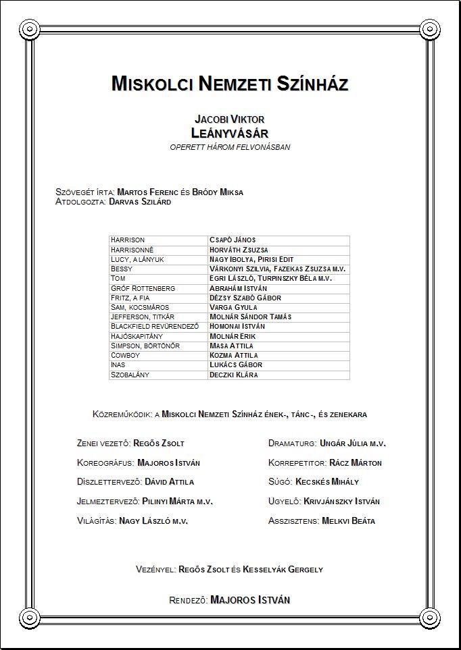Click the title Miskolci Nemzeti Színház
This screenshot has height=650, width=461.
(230, 84)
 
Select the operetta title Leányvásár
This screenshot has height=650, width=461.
(230, 132)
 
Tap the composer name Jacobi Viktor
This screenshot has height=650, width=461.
(230, 119)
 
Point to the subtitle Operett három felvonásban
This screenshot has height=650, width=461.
(230, 147)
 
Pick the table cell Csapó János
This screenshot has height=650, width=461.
(233, 240)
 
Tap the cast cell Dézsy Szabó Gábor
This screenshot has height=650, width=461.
(245, 298)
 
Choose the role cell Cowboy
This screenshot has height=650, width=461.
(126, 355)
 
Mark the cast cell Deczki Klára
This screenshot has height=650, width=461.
(234, 375)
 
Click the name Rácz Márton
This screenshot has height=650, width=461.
(356, 463)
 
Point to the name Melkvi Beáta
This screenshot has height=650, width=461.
(349, 521)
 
